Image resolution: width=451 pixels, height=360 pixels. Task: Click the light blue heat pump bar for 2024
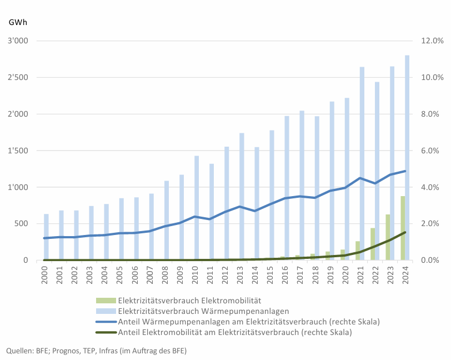407,158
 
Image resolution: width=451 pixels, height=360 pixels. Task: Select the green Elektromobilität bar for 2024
403,228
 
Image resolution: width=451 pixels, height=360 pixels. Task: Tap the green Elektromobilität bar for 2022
373,244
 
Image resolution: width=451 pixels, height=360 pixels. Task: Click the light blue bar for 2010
197,208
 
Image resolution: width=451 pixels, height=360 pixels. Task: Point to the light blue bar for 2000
47,237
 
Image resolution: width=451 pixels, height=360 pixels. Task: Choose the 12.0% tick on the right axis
432,41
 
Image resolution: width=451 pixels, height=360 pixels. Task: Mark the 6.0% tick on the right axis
432,151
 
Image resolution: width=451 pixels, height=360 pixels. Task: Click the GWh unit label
18,23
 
